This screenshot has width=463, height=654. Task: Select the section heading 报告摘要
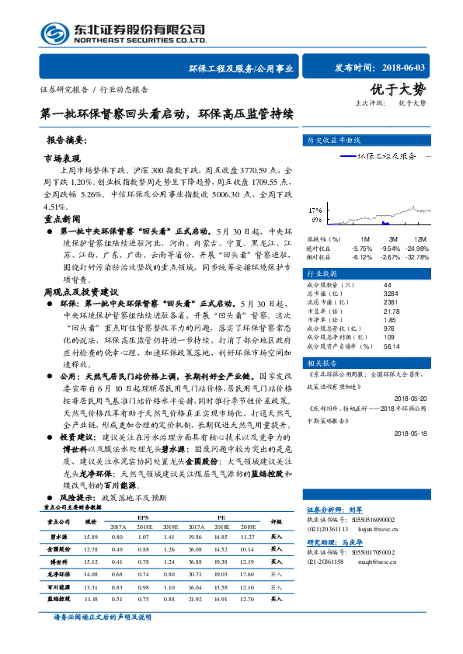pyautogui.click(x=68, y=141)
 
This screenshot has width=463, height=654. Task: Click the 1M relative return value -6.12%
pyautogui.click(x=362, y=256)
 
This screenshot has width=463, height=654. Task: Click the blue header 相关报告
pyautogui.click(x=321, y=364)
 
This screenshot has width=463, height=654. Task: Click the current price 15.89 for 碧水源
pyautogui.click(x=90, y=536)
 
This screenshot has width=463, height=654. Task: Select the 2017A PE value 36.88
pyautogui.click(x=194, y=560)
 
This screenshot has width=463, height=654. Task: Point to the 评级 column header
pyautogui.click(x=277, y=522)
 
